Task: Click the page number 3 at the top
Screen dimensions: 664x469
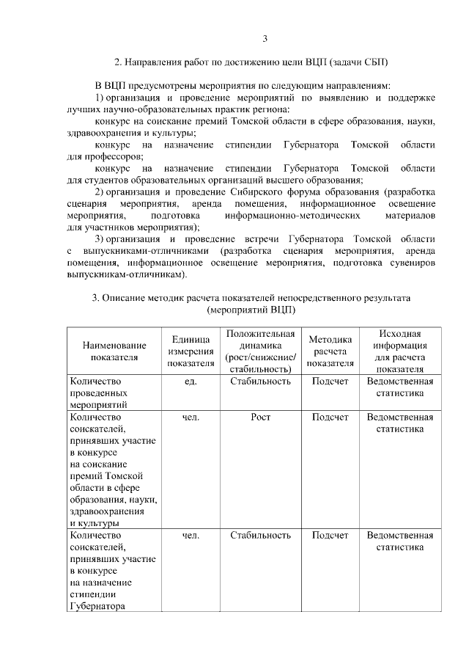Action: (266, 39)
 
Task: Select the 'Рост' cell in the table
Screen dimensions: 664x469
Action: (260, 417)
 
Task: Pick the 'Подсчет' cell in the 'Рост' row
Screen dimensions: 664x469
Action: (330, 417)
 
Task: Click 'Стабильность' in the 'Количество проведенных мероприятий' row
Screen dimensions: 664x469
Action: (260, 382)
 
